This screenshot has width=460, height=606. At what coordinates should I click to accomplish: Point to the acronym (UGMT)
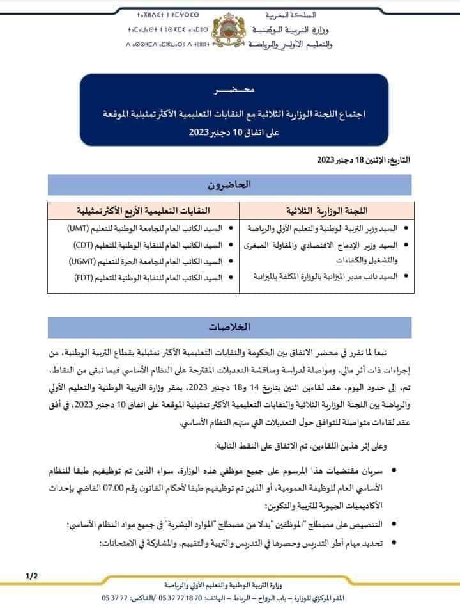coord(80,260)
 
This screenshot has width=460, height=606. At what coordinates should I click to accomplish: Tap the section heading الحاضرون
coord(229,185)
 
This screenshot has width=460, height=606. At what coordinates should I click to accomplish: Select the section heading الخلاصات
coord(229,326)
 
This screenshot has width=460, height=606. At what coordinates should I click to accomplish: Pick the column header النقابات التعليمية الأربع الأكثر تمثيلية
coord(144,210)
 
